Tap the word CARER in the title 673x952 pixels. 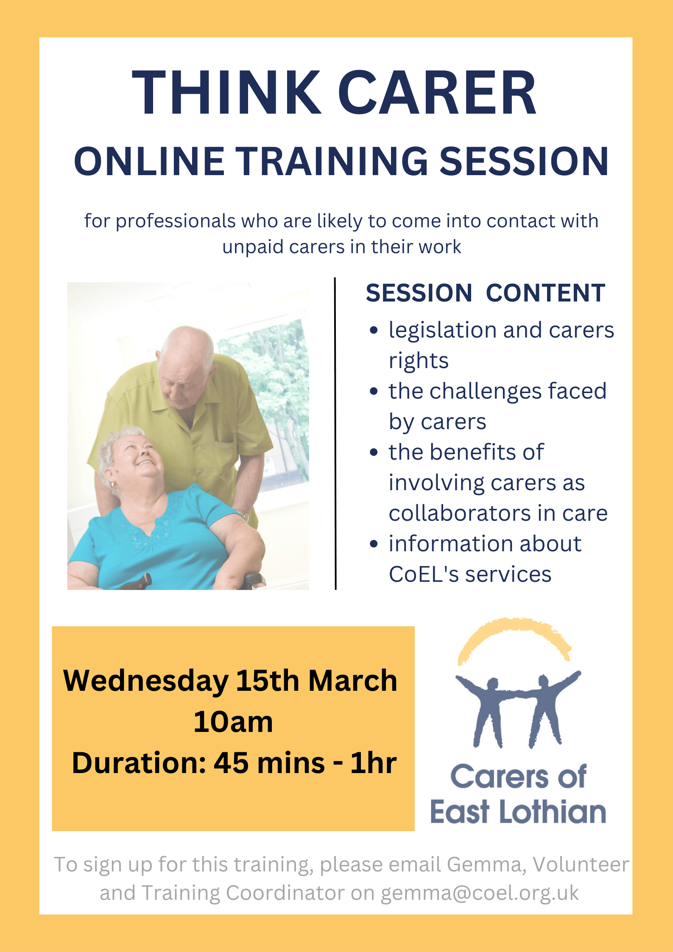[x=437, y=92]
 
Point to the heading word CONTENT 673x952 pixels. [x=545, y=293]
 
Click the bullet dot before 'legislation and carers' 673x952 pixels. [x=374, y=330]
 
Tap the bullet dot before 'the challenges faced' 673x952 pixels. [x=374, y=391]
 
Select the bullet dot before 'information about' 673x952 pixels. [x=374, y=544]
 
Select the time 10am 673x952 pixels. [x=233, y=722]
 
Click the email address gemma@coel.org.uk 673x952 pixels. [x=480, y=893]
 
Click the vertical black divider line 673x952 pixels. [x=335, y=433]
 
